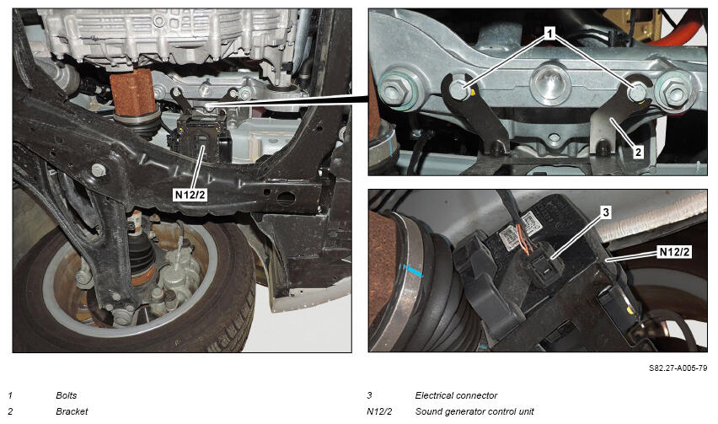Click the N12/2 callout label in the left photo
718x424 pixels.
(190, 195)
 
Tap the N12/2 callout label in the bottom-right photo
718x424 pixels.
(673, 251)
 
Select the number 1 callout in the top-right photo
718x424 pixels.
(550, 33)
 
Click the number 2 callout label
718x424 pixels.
(638, 152)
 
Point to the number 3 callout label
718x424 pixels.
(606, 212)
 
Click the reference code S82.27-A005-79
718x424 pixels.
(678, 368)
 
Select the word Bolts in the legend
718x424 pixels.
(67, 395)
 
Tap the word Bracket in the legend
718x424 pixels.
(72, 411)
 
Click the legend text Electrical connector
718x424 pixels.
(456, 395)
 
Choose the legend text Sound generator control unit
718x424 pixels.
(474, 411)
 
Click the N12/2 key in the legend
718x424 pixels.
(379, 411)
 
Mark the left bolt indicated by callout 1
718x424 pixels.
(458, 89)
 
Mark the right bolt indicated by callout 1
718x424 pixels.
(636, 92)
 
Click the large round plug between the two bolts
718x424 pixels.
(550, 83)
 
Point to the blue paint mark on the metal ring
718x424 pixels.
(415, 271)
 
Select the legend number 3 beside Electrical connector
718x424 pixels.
(369, 395)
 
